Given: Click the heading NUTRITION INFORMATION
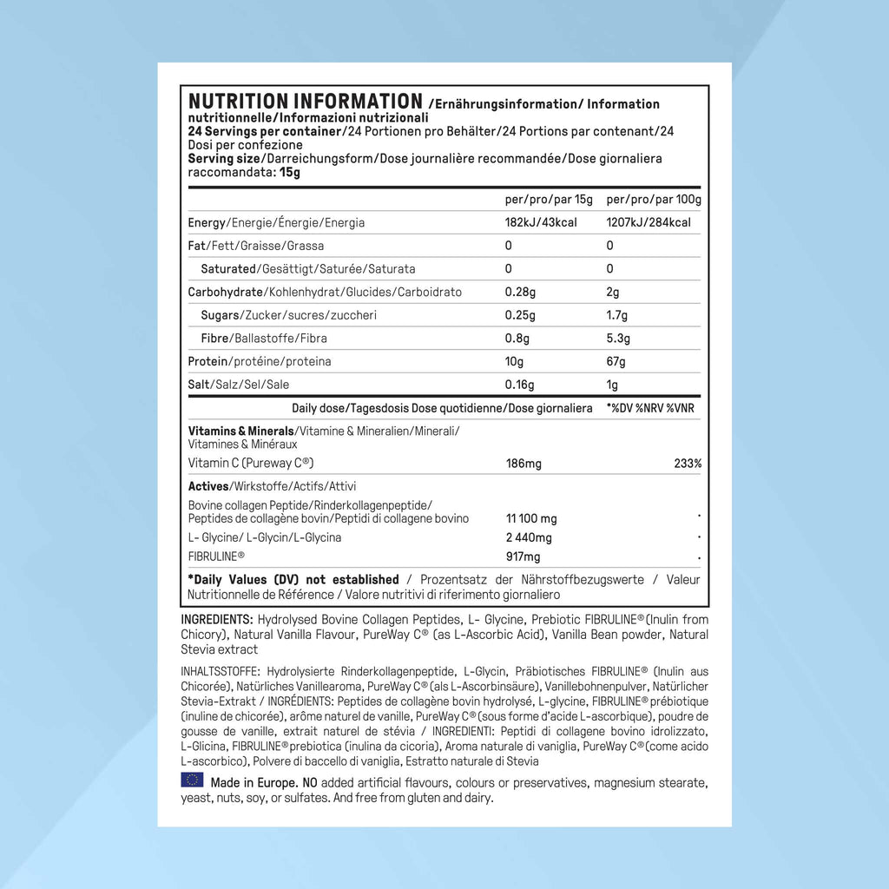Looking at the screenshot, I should (305, 102).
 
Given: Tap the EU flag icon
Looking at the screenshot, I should (192, 780).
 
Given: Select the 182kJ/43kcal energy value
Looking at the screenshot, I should (541, 222).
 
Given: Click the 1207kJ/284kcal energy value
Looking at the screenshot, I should (649, 222).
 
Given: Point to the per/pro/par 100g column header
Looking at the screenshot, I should (654, 200).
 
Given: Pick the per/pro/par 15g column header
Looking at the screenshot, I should (549, 200).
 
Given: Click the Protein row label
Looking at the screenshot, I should (206, 361).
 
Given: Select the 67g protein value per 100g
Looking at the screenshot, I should (616, 361).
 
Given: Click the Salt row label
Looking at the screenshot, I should (199, 385).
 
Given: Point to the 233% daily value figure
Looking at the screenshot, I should (688, 464).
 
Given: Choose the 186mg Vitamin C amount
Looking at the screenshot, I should (524, 464).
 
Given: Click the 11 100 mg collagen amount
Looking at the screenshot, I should (531, 518).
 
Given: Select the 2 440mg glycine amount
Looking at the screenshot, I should (529, 537).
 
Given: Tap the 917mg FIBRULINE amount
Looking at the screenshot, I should (524, 556).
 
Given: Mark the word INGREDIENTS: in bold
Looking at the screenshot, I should (217, 619).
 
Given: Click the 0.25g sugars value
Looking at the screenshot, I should (521, 315).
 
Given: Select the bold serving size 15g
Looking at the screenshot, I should (290, 172).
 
